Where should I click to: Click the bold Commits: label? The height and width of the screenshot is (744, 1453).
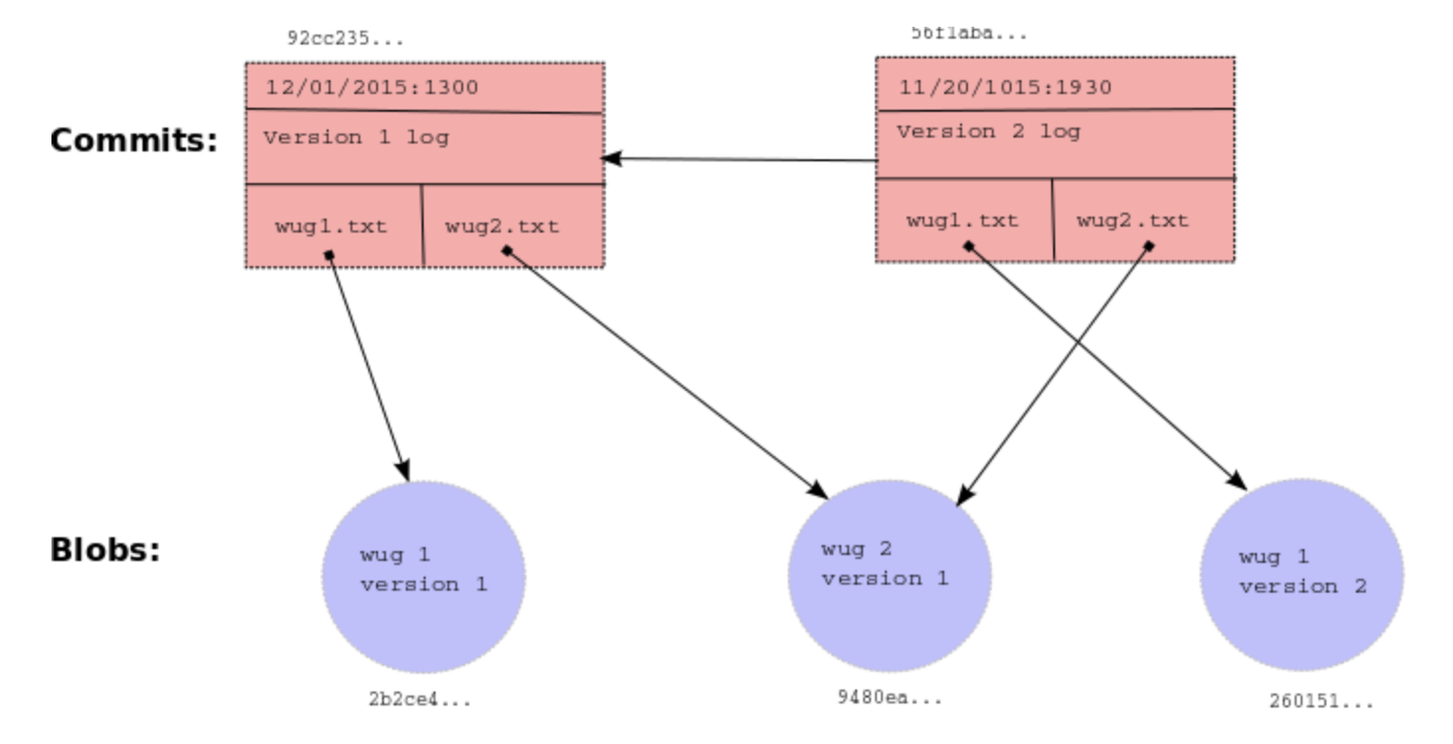[134, 140]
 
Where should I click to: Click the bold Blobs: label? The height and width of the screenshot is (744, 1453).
[106, 550]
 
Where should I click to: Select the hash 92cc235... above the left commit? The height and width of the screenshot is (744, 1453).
[344, 41]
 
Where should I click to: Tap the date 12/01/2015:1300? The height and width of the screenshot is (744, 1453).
[371, 87]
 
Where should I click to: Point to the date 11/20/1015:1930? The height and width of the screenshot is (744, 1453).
[1005, 87]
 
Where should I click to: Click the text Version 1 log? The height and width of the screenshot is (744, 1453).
[355, 138]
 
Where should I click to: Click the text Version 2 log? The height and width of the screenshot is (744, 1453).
[988, 132]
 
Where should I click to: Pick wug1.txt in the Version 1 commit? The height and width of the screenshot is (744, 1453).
[331, 226]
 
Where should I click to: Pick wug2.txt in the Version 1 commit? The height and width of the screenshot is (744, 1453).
[502, 226]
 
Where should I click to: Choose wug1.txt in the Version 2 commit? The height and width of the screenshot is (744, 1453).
[962, 220]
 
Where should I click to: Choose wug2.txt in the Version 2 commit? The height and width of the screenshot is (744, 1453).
[1132, 220]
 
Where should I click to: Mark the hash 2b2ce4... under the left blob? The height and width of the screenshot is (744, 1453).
[419, 700]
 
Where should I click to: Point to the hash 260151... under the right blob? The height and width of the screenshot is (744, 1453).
[1321, 701]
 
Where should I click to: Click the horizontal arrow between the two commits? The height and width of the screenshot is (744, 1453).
[738, 159]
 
